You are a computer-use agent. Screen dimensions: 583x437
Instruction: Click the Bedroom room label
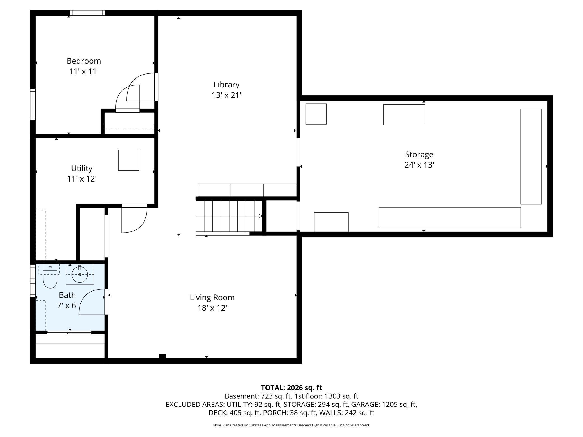[84, 61]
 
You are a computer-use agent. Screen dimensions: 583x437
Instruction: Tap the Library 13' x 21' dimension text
[226, 95]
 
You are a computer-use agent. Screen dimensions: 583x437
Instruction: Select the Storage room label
[419, 154]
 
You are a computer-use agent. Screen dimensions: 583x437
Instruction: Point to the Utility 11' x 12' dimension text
[82, 179]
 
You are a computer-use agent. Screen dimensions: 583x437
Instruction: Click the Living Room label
[212, 297]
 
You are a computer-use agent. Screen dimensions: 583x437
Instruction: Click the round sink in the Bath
[80, 275]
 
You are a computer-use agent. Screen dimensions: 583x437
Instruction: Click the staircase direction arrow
[260, 216]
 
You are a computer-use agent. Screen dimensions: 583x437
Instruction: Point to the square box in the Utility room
[129, 160]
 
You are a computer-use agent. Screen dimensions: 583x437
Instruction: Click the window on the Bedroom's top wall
[87, 13]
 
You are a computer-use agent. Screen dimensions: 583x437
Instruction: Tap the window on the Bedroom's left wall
[33, 105]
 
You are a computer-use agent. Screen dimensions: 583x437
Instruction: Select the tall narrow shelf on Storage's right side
[531, 157]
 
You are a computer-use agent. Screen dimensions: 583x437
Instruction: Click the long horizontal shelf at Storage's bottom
[450, 218]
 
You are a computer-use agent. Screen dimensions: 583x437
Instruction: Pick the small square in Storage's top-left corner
[316, 114]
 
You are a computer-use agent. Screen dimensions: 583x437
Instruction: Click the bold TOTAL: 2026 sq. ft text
[291, 388]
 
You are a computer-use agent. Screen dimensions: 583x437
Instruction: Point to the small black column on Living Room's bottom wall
[162, 356]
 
